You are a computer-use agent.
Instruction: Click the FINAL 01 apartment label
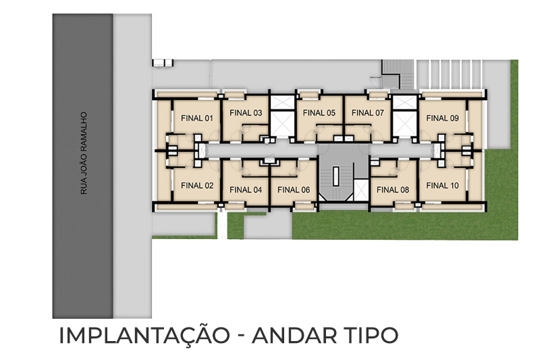click(197, 118)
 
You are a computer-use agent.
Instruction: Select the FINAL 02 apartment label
click(197, 186)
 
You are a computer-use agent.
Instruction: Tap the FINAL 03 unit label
click(246, 113)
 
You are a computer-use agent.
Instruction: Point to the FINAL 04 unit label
click(246, 190)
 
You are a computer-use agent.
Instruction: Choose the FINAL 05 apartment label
click(319, 113)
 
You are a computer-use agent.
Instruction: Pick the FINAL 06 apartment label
click(294, 190)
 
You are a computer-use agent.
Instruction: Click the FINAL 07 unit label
click(368, 113)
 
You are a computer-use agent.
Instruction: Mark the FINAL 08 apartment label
click(393, 190)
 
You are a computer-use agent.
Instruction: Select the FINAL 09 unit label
click(443, 118)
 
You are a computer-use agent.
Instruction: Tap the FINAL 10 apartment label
click(443, 186)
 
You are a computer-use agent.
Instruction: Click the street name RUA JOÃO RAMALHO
click(83, 153)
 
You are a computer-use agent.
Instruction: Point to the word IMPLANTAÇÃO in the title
click(144, 335)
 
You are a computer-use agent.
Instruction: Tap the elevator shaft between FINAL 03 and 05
click(282, 116)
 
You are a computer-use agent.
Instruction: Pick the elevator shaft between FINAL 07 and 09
click(404, 116)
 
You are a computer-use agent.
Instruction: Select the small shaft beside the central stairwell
click(361, 190)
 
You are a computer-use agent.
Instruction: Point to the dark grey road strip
click(82, 166)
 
